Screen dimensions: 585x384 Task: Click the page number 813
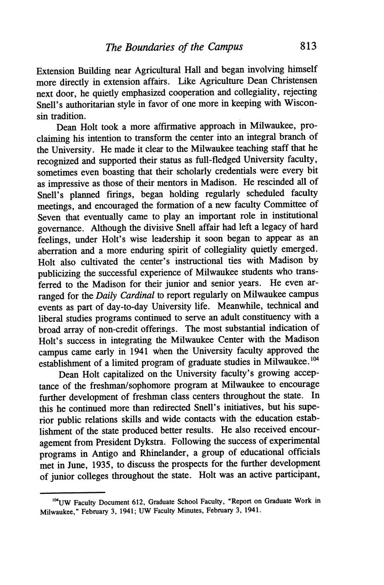(x=308, y=46)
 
